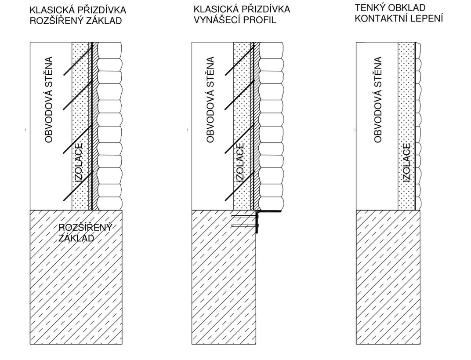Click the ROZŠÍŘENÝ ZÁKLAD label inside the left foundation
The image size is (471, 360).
[x=85, y=233]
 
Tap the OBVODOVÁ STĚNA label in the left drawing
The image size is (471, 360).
[x=49, y=99]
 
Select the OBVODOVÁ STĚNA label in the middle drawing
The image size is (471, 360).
[x=210, y=99]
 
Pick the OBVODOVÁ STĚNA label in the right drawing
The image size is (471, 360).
[x=378, y=99]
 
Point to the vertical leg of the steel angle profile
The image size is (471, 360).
[x=257, y=222]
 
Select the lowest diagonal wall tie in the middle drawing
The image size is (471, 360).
[x=240, y=185]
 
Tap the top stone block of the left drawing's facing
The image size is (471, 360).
[x=110, y=50]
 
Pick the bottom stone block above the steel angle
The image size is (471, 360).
[x=272, y=204]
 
